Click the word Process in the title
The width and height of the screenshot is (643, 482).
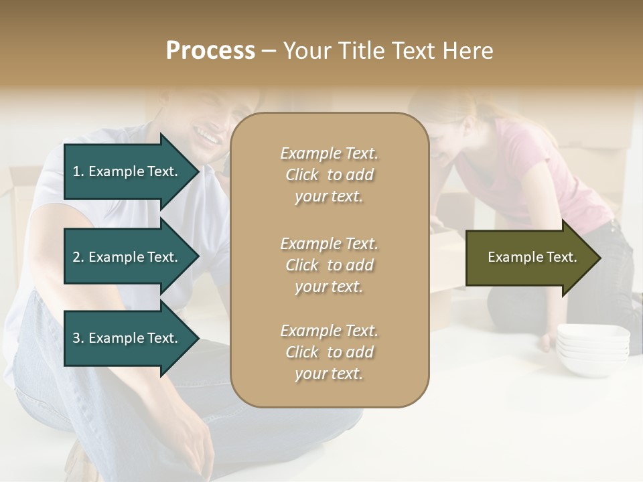(210, 51)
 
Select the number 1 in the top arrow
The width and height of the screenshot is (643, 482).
(76, 171)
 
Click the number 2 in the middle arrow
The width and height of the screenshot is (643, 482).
(76, 257)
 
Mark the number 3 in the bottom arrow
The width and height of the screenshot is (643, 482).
(76, 338)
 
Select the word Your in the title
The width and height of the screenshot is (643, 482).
(305, 51)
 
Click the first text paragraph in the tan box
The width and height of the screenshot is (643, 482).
(329, 175)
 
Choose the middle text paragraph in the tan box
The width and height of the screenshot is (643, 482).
(329, 265)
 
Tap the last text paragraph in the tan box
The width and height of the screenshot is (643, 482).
(329, 352)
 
